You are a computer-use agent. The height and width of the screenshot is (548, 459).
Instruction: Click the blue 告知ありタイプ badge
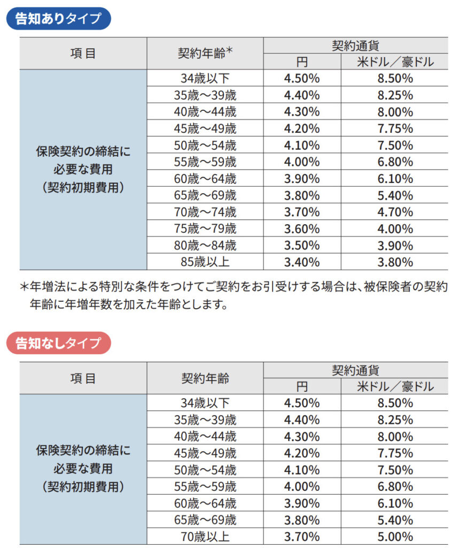[x=58, y=18]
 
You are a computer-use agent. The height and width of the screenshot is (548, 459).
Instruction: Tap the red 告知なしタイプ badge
[x=58, y=343]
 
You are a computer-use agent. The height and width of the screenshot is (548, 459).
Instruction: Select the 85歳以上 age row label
[x=205, y=262]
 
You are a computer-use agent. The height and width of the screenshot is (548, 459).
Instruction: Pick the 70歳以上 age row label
[x=205, y=537]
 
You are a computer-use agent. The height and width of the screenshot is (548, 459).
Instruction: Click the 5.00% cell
[x=395, y=537]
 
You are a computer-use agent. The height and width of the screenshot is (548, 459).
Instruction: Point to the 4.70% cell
[x=395, y=212]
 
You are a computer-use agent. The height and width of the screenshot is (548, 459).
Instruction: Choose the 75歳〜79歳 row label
[x=205, y=229]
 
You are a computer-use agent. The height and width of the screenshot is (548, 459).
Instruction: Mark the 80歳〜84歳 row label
[x=205, y=246]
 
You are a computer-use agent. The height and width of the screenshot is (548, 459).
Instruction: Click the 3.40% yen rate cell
[x=302, y=262]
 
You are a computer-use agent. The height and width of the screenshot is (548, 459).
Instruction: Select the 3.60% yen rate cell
[x=302, y=229]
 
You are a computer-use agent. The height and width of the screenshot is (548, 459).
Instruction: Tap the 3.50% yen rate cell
[x=302, y=246]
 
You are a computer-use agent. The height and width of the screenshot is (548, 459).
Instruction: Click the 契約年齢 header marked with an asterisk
[x=205, y=53]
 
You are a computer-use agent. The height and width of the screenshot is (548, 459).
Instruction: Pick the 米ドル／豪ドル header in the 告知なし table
[x=395, y=386]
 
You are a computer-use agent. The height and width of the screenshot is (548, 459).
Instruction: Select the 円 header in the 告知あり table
[x=302, y=62]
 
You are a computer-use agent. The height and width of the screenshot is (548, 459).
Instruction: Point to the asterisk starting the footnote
[x=24, y=287]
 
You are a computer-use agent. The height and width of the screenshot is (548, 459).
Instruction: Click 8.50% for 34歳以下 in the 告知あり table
[x=395, y=78]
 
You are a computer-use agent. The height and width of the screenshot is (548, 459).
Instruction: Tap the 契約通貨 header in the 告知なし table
[x=355, y=370]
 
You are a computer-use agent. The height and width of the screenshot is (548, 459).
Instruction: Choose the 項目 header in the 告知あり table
[x=83, y=53]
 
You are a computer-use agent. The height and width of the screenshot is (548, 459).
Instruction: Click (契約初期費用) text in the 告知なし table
[x=83, y=486]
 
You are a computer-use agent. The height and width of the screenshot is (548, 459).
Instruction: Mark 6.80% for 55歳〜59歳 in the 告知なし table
[x=395, y=486]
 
